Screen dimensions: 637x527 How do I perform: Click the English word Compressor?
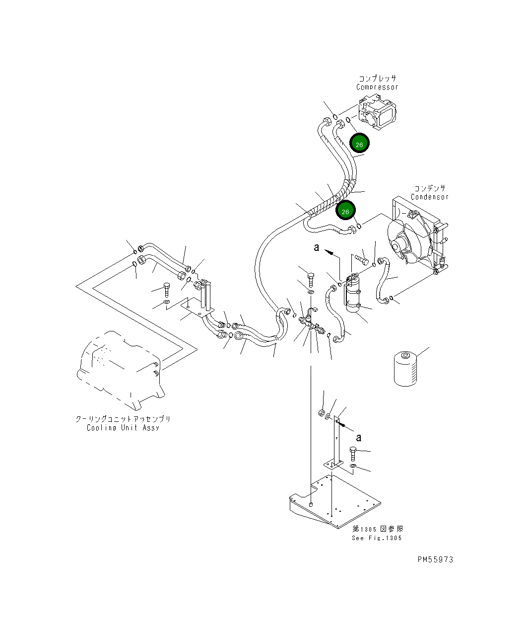[x=377, y=87]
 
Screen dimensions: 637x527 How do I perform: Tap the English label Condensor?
[x=429, y=197]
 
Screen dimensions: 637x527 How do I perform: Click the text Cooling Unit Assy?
[x=123, y=428]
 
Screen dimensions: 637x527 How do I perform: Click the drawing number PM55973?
[x=435, y=559]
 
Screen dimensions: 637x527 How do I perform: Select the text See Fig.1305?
[x=377, y=538]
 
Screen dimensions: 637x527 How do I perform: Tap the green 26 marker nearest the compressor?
[x=359, y=144]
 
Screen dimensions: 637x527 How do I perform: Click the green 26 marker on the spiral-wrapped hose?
[x=345, y=211]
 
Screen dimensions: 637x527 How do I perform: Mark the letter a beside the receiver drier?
[x=317, y=247]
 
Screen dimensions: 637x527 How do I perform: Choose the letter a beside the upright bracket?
[x=359, y=437]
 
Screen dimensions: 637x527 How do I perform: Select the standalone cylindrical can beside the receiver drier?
[x=405, y=369]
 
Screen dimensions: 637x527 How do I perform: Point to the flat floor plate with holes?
[x=337, y=502]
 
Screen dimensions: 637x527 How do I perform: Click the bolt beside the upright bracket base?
[x=353, y=453]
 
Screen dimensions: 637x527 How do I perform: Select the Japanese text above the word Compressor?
[x=378, y=79]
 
